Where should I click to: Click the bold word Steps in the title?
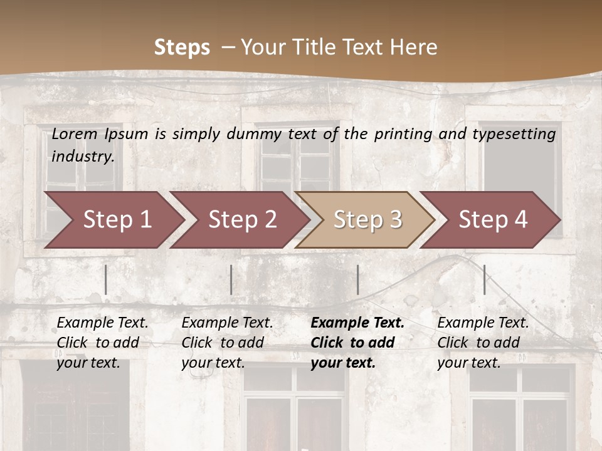click(182, 48)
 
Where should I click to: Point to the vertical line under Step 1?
click(106, 279)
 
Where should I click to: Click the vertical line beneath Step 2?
click(231, 279)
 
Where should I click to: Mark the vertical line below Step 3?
click(357, 279)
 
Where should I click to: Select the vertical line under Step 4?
click(484, 279)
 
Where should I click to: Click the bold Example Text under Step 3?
click(357, 323)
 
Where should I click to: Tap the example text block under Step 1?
click(102, 343)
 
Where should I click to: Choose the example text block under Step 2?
click(227, 343)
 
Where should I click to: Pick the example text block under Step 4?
click(483, 343)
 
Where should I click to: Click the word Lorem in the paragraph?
click(75, 134)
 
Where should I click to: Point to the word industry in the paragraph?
click(83, 157)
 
